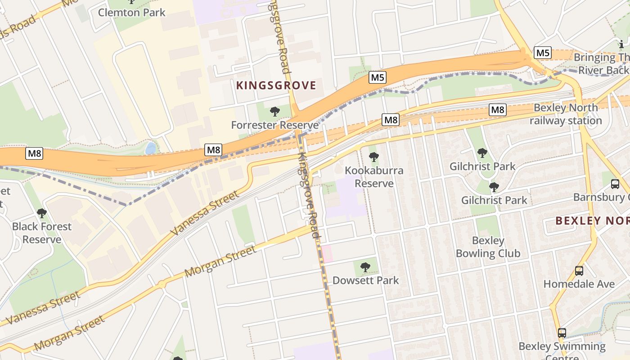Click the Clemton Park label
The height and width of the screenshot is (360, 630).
[132, 12]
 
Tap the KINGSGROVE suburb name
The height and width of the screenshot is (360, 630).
[276, 85]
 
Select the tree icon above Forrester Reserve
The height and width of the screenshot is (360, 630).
[274, 112]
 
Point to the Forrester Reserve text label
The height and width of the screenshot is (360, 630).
[274, 125]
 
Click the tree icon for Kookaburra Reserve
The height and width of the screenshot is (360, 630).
[373, 157]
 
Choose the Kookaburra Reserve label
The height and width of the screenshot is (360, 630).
[374, 177]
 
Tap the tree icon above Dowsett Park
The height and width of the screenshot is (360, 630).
[365, 267]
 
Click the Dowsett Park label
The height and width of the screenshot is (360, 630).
[365, 280]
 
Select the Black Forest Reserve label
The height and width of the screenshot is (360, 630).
[42, 233]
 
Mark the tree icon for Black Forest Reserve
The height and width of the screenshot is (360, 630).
[42, 213]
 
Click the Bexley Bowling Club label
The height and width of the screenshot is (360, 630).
[488, 247]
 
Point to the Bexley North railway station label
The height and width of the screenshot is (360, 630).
[566, 114]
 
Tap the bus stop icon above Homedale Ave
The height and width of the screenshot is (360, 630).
[579, 271]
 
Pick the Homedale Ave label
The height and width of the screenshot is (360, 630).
[579, 284]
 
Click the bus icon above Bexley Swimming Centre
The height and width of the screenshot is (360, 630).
[562, 333]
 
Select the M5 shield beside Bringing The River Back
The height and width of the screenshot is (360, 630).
[543, 53]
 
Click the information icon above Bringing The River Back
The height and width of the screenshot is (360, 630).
[621, 44]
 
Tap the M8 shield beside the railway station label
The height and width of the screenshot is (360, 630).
[498, 109]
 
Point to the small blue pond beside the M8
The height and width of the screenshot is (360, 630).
[151, 148]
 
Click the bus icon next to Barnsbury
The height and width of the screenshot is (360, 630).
[615, 184]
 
